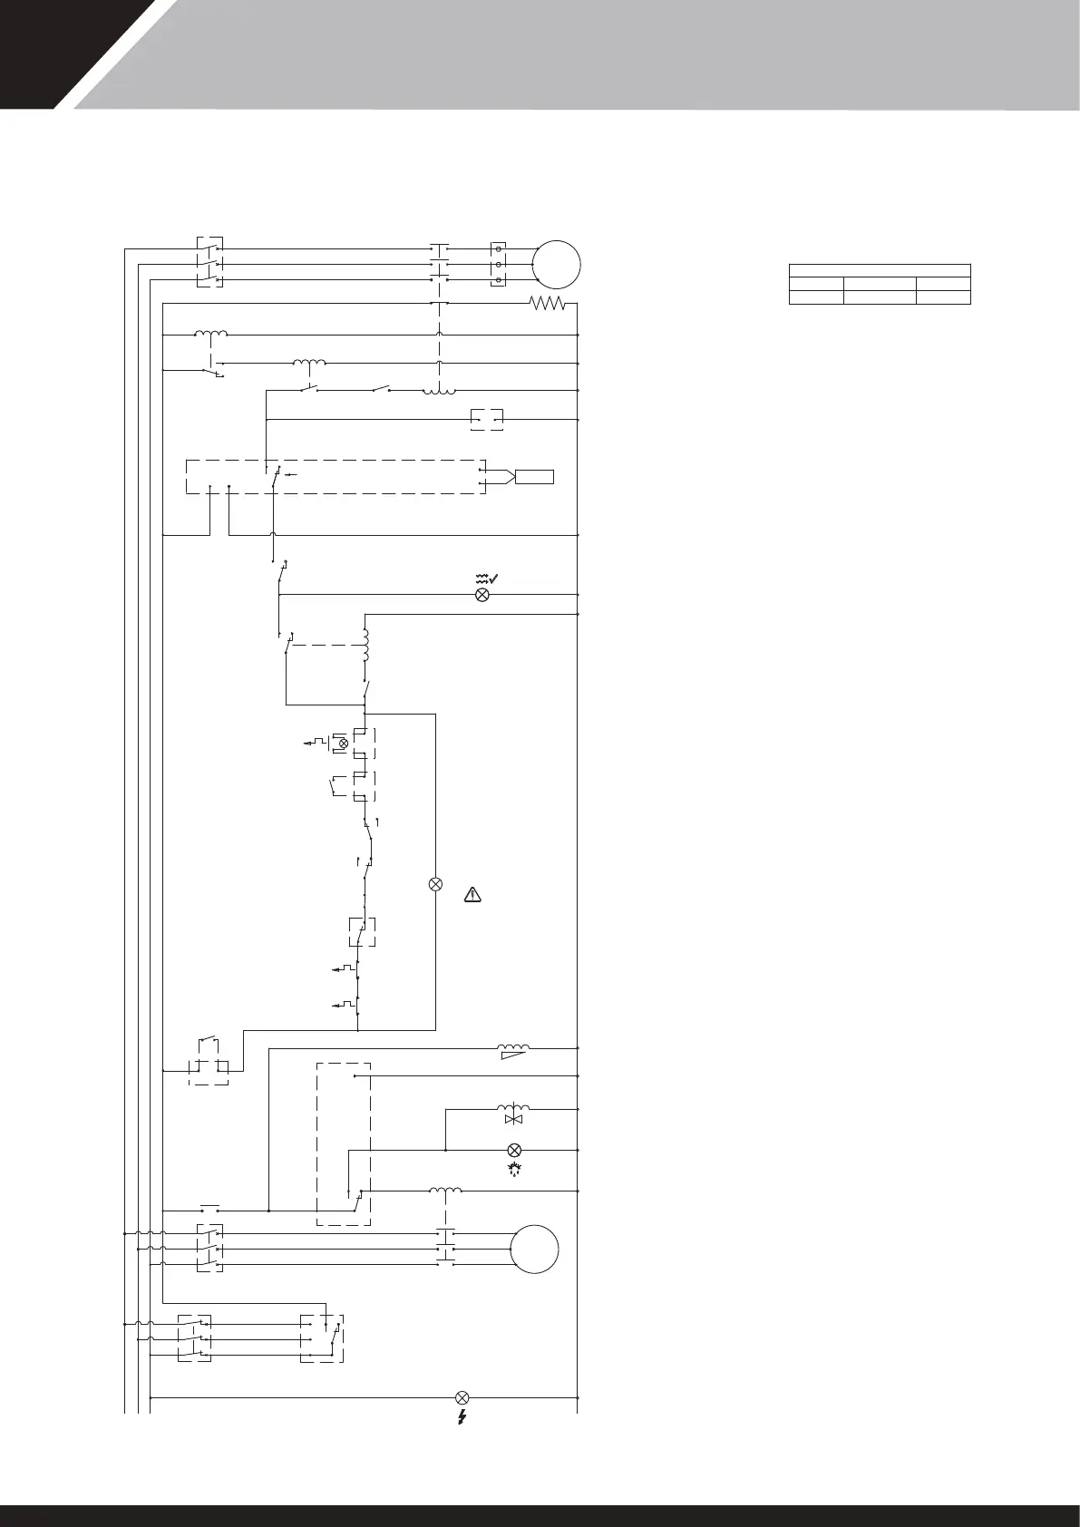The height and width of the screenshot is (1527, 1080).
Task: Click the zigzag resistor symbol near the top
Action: tap(547, 304)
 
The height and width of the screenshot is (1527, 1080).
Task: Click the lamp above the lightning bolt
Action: tap(462, 1397)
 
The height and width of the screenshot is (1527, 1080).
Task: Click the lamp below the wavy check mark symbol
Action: tap(482, 595)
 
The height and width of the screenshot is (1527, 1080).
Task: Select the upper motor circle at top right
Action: tap(556, 264)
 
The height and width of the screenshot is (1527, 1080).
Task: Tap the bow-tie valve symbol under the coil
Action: tap(513, 1121)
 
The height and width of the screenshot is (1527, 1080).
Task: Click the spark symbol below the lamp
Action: tap(513, 1169)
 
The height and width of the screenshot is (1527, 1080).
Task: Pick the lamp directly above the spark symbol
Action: tap(513, 1150)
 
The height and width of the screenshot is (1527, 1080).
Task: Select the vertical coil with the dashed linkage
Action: tap(366, 646)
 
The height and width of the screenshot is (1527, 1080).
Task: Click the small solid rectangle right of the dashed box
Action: tap(534, 477)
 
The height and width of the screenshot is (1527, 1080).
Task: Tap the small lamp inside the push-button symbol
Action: tap(343, 744)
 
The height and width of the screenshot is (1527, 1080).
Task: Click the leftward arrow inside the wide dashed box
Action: tap(290, 473)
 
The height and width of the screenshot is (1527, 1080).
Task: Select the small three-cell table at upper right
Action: tap(880, 284)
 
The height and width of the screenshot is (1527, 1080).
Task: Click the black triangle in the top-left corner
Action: tap(36, 45)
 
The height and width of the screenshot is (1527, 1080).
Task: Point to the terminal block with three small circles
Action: tap(499, 264)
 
